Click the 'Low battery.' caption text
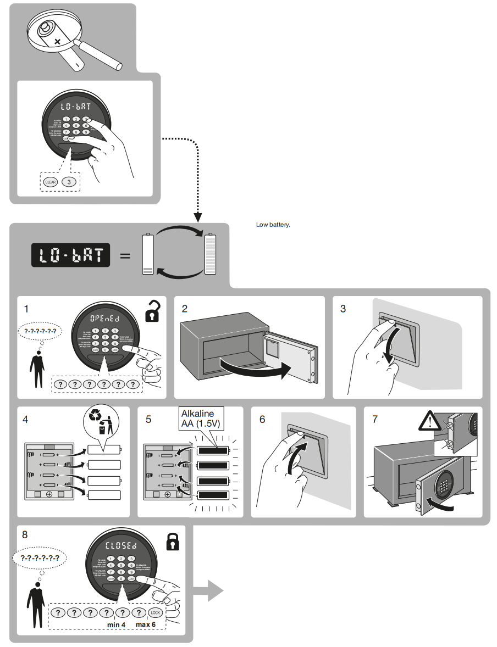tap(273, 225)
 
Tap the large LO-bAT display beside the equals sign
tap(70, 255)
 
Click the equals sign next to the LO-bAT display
tap(125, 255)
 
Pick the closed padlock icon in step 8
tap(173, 541)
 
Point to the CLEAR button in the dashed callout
tap(50, 182)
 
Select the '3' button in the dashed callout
tap(69, 182)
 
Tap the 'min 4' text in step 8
tap(116, 624)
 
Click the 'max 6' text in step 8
tap(146, 624)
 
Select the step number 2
tap(185, 309)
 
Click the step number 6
tap(262, 419)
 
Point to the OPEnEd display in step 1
tap(104, 319)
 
